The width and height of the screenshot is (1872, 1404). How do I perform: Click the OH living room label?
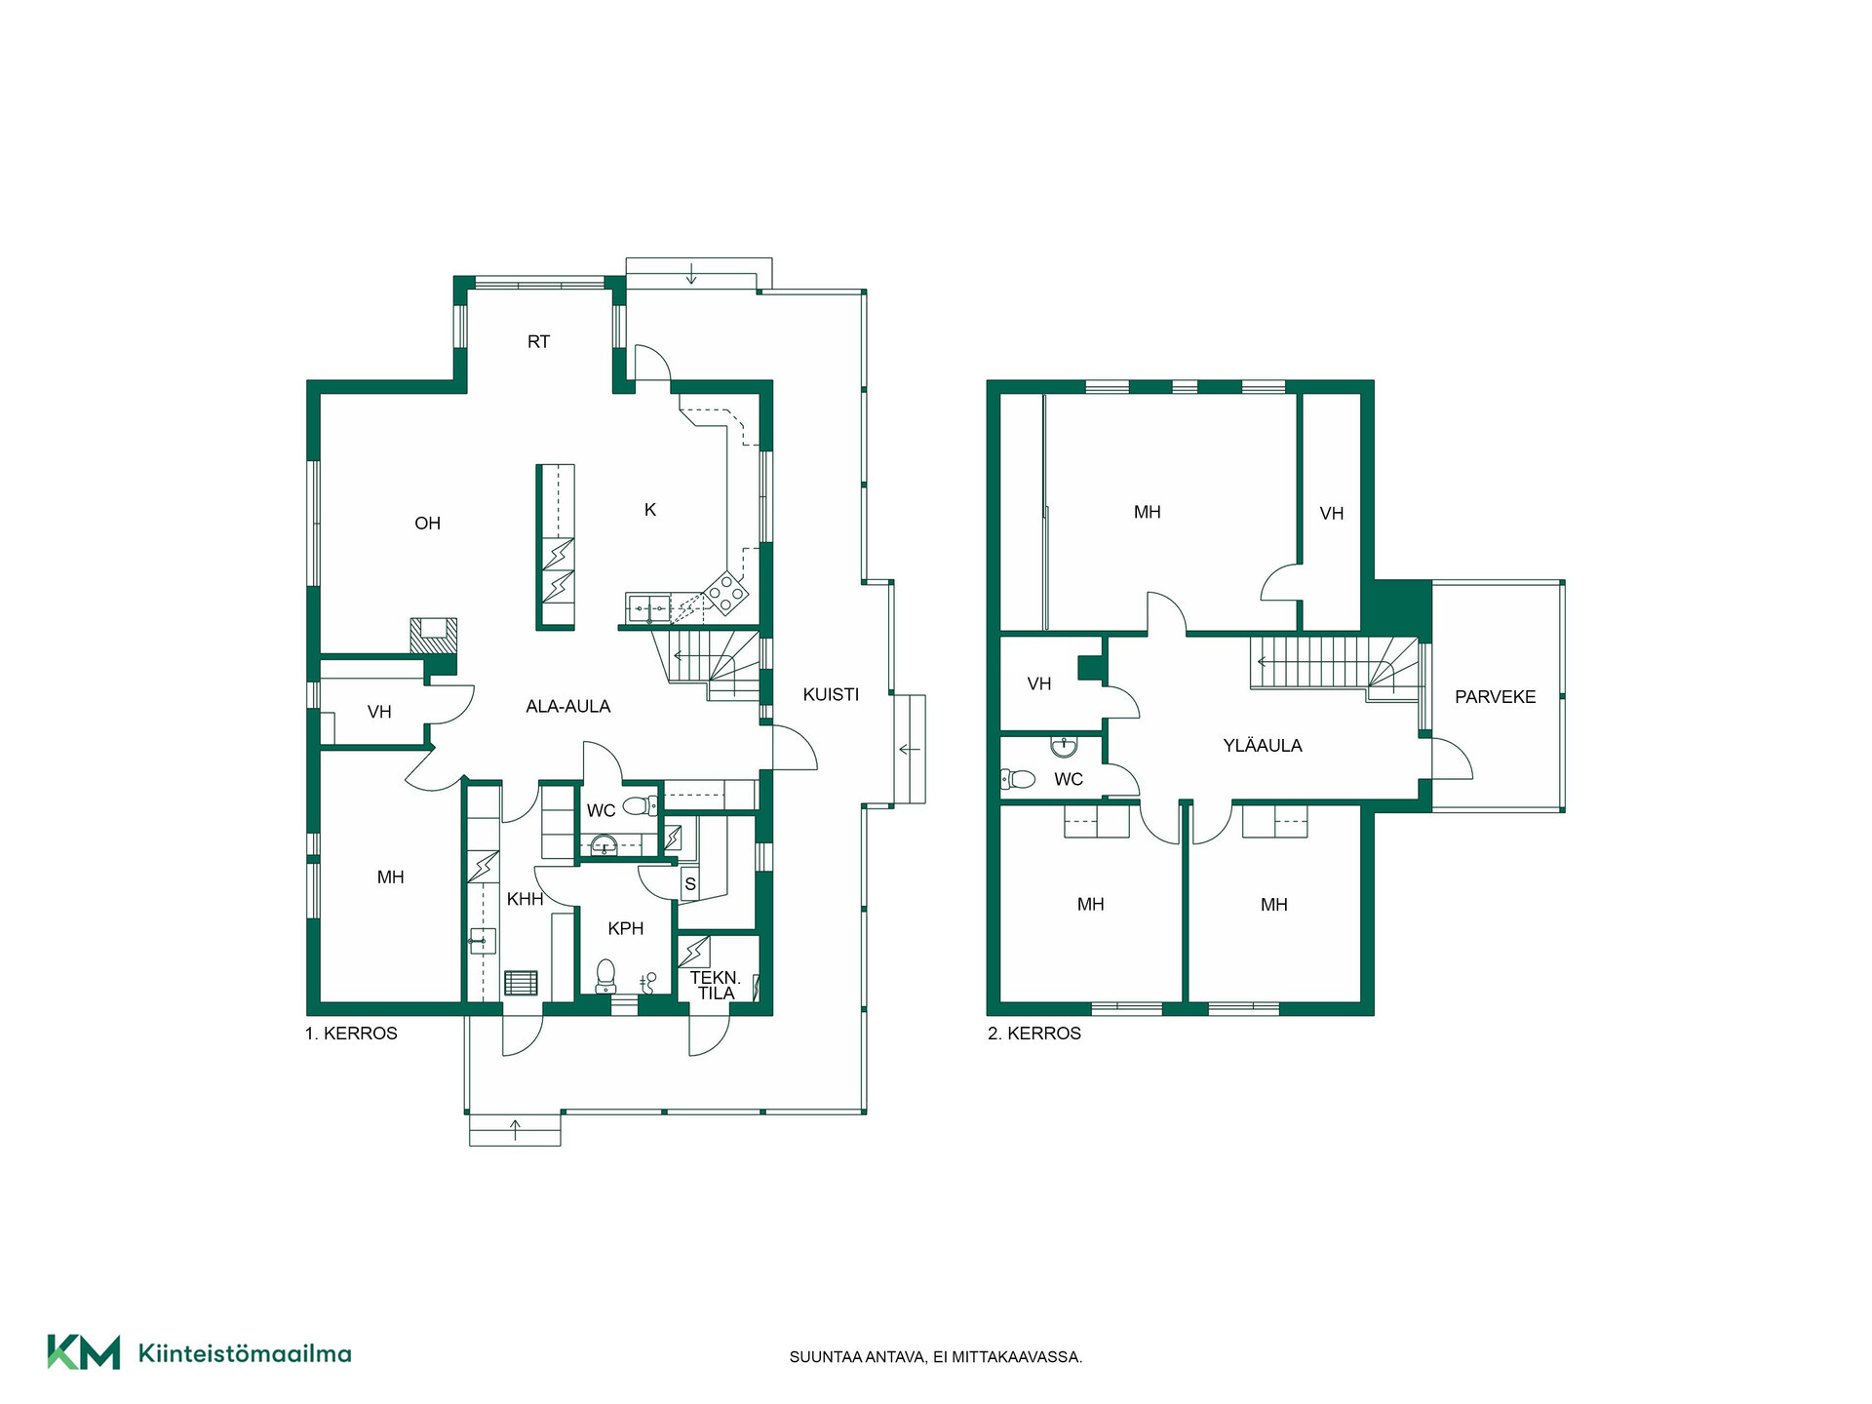click(427, 524)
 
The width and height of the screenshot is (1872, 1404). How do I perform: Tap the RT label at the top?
click(538, 342)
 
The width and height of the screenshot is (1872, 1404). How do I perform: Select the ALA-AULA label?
click(568, 707)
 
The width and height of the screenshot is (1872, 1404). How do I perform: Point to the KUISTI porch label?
click(831, 695)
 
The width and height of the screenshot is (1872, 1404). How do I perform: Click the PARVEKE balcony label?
click(1495, 697)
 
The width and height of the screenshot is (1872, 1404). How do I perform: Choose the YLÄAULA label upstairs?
click(1263, 746)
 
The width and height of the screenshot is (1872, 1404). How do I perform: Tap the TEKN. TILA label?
click(716, 986)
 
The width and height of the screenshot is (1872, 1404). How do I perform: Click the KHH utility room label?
click(525, 900)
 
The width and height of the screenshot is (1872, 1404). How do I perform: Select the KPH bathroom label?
click(626, 929)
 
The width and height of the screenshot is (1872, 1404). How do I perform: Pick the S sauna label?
click(690, 885)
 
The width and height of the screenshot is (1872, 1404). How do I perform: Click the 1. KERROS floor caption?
click(351, 1033)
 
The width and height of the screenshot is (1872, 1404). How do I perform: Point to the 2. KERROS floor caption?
click(1034, 1033)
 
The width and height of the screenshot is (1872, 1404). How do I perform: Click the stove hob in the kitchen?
click(726, 593)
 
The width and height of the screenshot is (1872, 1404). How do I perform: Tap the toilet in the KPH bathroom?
click(605, 976)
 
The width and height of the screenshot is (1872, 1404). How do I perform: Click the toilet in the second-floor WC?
click(1017, 779)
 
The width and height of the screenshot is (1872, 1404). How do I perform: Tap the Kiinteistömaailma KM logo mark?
click(84, 1352)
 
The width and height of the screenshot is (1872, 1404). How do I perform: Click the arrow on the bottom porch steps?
click(516, 1130)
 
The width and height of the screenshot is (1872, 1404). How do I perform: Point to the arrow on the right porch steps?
click(909, 750)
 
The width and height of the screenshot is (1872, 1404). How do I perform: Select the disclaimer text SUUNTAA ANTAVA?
click(857, 1357)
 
